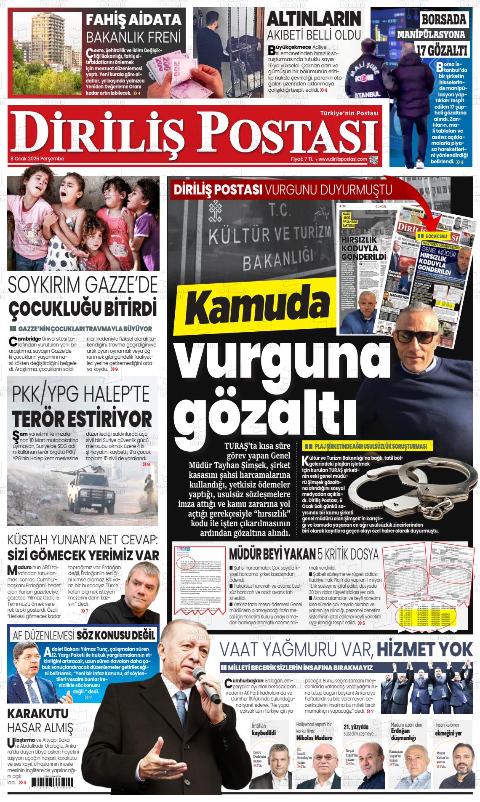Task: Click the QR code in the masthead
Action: click(374, 160)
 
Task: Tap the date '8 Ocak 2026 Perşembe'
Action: click(37, 159)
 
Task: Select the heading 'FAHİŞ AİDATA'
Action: click(133, 20)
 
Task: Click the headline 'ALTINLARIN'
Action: click(314, 19)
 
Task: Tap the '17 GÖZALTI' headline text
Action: click(442, 51)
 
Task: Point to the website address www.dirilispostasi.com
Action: click(342, 159)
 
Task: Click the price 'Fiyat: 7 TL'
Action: click(302, 159)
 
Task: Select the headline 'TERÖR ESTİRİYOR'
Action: click(82, 419)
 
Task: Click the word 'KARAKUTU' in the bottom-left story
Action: click(38, 714)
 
